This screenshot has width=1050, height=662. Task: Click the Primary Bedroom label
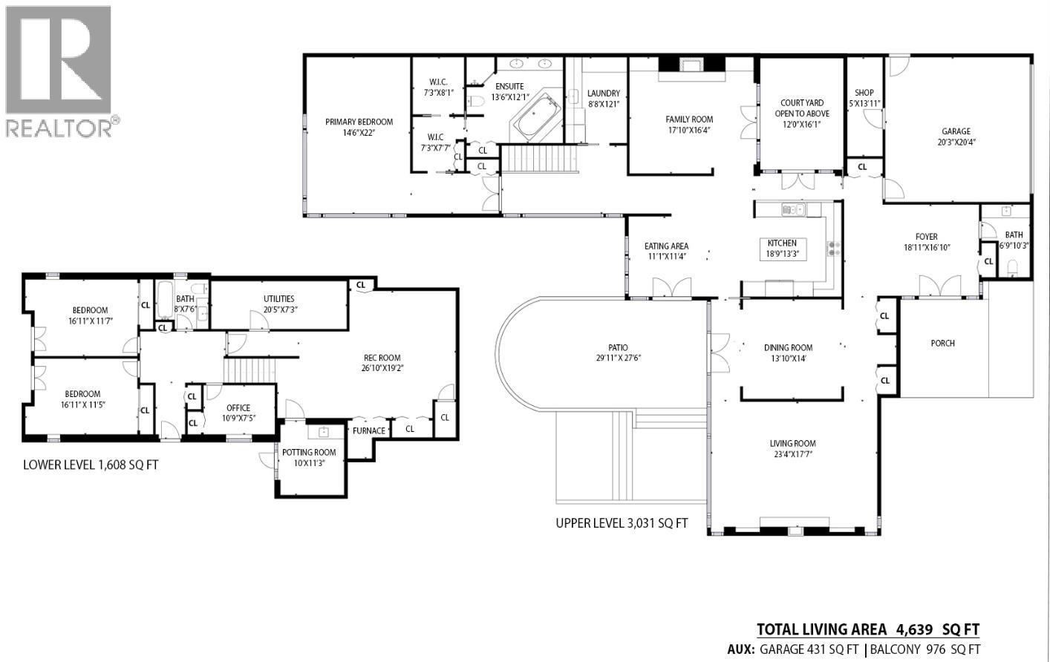(x=359, y=122)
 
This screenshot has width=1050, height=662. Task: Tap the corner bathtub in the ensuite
(x=535, y=119)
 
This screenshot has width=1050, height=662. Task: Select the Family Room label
(x=689, y=119)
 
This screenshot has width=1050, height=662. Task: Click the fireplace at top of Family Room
(x=691, y=65)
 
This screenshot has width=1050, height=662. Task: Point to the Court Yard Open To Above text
(x=802, y=108)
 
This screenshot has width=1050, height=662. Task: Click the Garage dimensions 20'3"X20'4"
(x=956, y=142)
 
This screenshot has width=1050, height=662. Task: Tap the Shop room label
(x=864, y=93)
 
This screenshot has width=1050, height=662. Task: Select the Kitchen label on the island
(x=782, y=243)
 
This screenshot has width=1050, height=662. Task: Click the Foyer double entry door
(x=939, y=285)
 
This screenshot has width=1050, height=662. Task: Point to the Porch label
(x=942, y=343)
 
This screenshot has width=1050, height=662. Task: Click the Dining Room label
(x=788, y=347)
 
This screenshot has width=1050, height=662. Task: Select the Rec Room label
(x=382, y=358)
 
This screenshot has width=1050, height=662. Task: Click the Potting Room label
(x=309, y=452)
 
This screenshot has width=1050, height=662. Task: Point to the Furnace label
(x=369, y=430)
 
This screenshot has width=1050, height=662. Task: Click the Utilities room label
(x=278, y=298)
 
